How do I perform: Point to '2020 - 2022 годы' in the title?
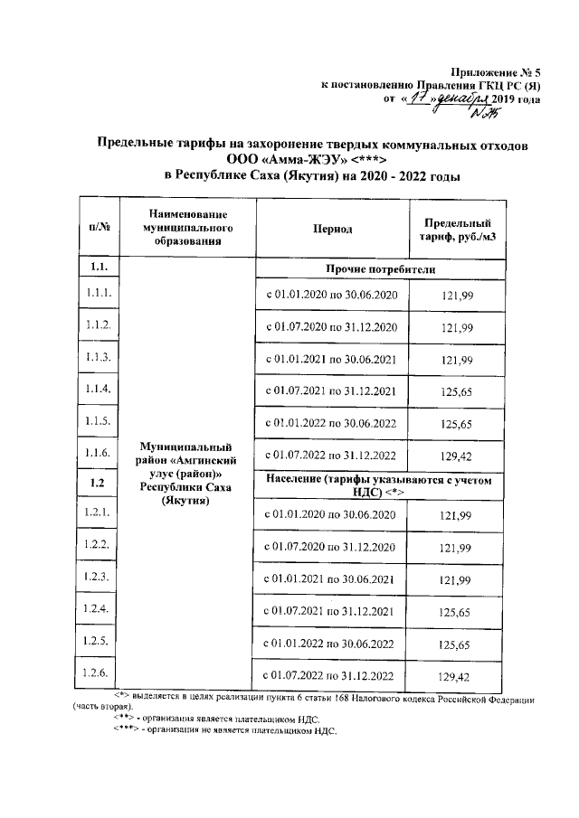point(405,175)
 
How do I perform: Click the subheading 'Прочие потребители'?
point(379,269)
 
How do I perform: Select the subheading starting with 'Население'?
point(379,488)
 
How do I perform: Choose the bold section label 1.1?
point(100,268)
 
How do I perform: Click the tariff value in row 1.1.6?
point(457,456)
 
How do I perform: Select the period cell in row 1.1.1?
point(331,296)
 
